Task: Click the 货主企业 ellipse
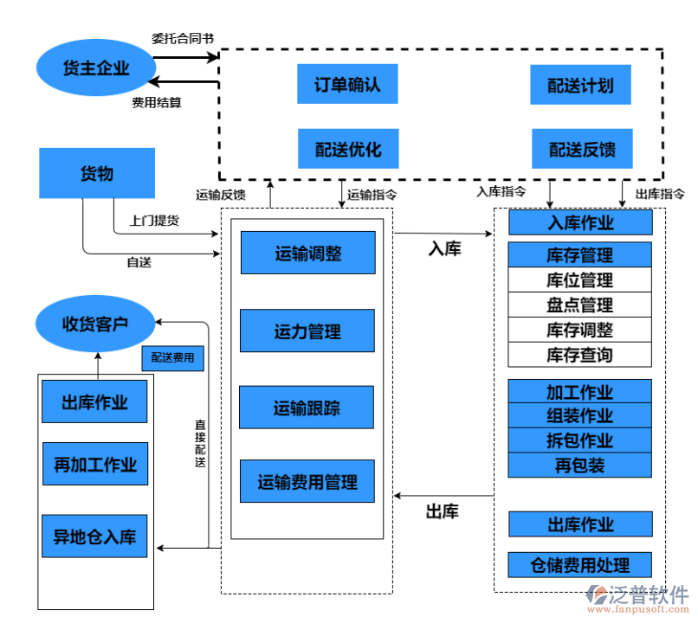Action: (95, 67)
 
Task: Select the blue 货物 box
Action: (97, 173)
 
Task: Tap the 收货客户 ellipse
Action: (95, 323)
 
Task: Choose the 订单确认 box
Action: (347, 86)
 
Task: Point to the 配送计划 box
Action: (580, 86)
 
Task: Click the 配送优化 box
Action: (347, 149)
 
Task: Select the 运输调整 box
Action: (307, 254)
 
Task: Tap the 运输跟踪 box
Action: (307, 408)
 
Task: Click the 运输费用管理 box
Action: (307, 482)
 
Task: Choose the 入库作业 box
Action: (580, 223)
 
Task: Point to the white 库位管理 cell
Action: (580, 280)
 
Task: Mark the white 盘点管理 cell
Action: (580, 305)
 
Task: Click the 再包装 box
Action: (580, 466)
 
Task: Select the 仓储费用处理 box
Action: (580, 566)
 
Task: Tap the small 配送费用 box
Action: (173, 357)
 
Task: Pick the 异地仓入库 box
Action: (95, 536)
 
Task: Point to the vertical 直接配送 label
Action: (200, 444)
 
